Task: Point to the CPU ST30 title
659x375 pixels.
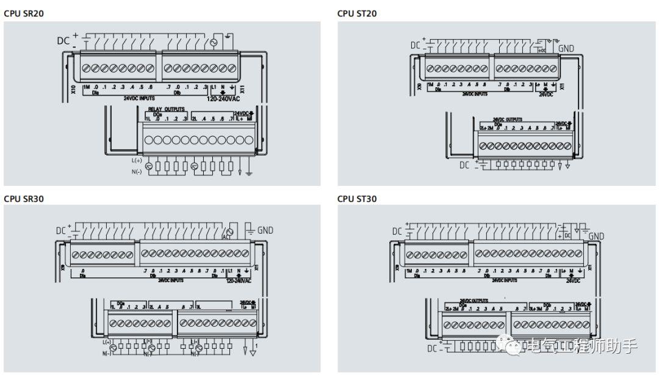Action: point(357,199)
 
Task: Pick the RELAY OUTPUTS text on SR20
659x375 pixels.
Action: point(165,110)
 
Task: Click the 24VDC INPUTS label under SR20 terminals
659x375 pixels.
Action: point(139,98)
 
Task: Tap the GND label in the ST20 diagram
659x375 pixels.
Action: point(566,48)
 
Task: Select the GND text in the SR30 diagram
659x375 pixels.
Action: point(265,230)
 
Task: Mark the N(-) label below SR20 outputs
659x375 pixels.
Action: point(136,171)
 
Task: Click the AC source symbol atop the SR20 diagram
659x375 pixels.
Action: point(214,43)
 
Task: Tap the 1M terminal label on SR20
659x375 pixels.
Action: point(86,87)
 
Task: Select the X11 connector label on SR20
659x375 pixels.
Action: point(242,89)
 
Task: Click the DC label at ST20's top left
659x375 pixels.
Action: point(416,45)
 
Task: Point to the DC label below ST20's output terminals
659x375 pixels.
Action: point(464,165)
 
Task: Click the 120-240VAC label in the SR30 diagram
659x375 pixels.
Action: point(239,281)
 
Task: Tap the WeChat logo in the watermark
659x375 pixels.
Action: point(512,346)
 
